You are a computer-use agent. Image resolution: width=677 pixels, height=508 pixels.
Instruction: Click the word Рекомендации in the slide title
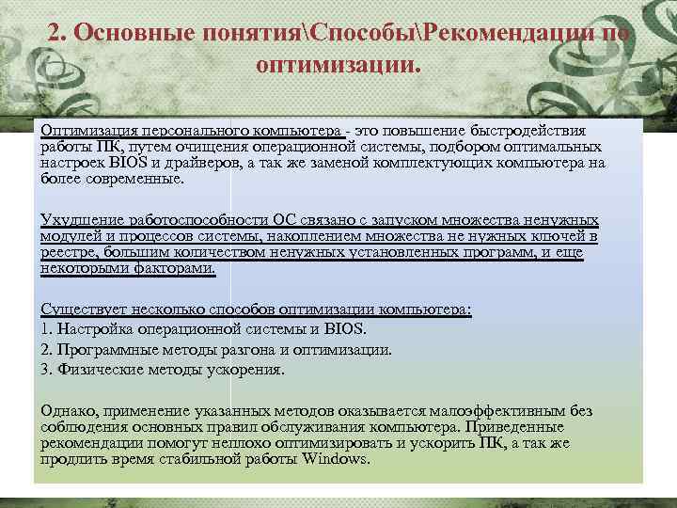pyautogui.click(x=508, y=34)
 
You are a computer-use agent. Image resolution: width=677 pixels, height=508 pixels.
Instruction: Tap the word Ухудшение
pyautogui.click(x=76, y=220)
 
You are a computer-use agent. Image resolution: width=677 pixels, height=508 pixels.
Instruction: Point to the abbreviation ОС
pyautogui.click(x=286, y=220)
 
